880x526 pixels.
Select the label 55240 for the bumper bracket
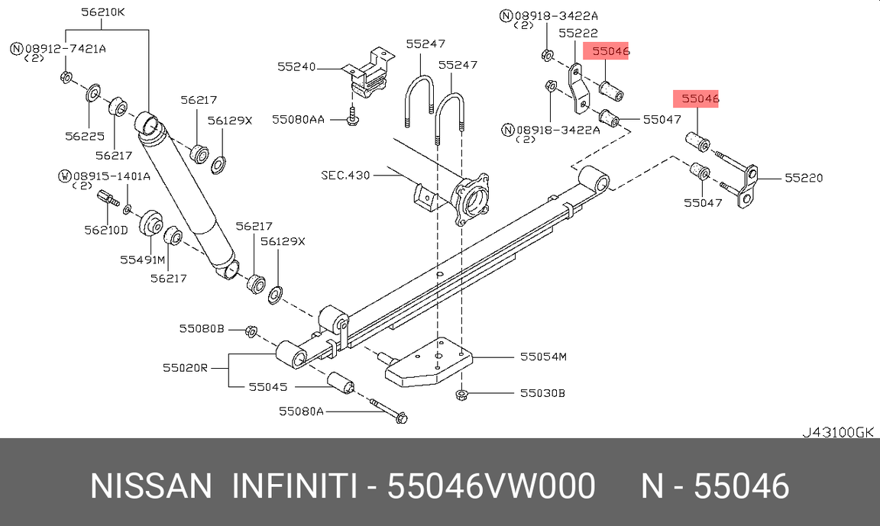296,67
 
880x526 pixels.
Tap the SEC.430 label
345,176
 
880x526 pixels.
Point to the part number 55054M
543,356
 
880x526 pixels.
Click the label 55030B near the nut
542,393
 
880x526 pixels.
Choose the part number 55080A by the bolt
301,411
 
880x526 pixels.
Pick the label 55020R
185,368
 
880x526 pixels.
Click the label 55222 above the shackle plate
577,34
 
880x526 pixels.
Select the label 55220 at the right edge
804,178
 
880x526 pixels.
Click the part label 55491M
142,260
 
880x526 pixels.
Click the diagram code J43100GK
837,432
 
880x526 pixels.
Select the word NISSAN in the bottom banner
150,486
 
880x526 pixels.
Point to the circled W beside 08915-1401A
65,176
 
